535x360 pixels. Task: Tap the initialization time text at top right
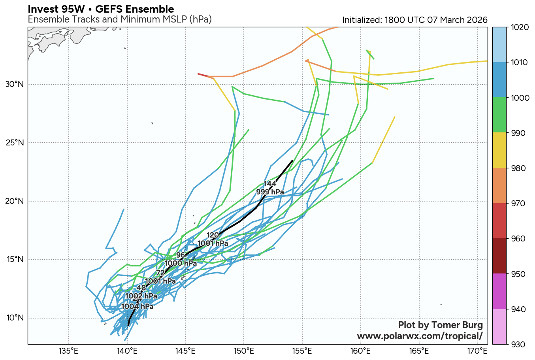[x=414, y=20]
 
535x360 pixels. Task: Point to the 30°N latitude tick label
[x=15, y=85]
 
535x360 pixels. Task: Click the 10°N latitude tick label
[x=15, y=318]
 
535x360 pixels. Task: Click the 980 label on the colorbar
[x=518, y=168]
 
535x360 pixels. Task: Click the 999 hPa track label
[x=270, y=192]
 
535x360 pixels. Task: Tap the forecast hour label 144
[x=270, y=184]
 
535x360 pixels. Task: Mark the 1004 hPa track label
[x=137, y=306]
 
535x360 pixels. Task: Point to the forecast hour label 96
[x=181, y=255]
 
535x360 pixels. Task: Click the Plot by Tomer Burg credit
[x=440, y=325]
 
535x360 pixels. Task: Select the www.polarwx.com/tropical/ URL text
[x=420, y=336]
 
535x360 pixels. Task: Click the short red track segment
[x=203, y=75]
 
